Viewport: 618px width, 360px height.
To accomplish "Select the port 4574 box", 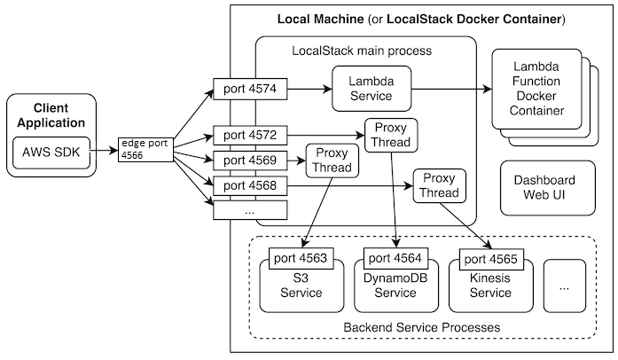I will pyautogui.click(x=249, y=89).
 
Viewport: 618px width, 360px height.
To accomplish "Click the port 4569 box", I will pyautogui.click(x=249, y=160).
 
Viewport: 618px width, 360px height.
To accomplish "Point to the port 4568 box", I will pyautogui.click(x=249, y=185).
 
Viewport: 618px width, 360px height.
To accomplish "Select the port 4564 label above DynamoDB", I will pyautogui.click(x=395, y=261).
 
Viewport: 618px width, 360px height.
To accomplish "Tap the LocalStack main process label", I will pyautogui.click(x=362, y=51).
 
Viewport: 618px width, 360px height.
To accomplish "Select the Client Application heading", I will pyautogui.click(x=51, y=115).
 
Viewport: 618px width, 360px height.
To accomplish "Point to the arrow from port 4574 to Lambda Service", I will pyautogui.click(x=308, y=89).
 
